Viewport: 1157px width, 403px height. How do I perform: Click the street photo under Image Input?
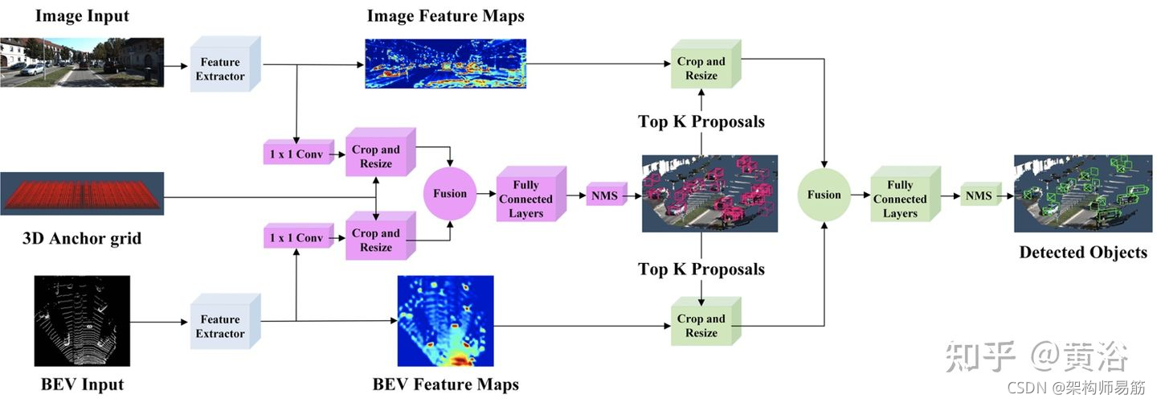point(82,62)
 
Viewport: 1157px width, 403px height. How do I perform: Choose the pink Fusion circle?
point(450,193)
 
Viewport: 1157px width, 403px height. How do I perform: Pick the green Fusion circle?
point(824,195)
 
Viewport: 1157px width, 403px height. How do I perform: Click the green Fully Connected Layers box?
point(902,198)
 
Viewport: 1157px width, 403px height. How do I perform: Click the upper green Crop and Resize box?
point(703,68)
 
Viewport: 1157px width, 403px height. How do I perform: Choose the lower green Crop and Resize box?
point(703,325)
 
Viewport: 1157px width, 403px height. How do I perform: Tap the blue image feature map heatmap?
point(445,64)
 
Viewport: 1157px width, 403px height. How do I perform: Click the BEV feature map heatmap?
point(445,321)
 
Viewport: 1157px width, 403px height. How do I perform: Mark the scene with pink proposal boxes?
point(709,194)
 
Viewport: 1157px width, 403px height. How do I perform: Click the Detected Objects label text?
point(1082,253)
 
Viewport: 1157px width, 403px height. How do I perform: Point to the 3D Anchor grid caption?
point(82,238)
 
